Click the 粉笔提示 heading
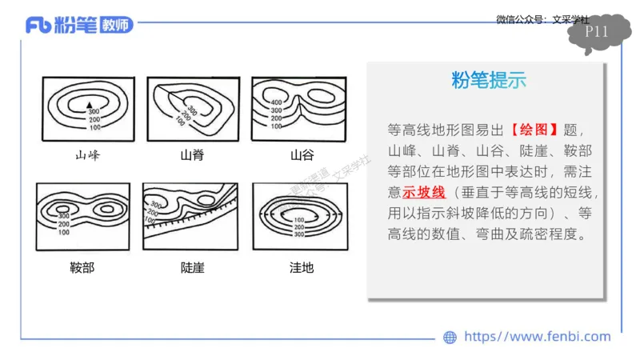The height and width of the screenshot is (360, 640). click(x=489, y=80)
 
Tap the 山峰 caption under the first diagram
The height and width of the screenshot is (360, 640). click(x=87, y=154)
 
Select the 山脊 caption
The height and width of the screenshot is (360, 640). click(x=192, y=154)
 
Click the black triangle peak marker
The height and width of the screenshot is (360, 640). click(x=90, y=105)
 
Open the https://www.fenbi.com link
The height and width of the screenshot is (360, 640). click(x=537, y=337)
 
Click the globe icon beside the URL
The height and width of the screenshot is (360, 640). click(x=450, y=337)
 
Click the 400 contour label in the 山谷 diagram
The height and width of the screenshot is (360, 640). click(x=276, y=103)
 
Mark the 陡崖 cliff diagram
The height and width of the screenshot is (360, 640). click(x=191, y=216)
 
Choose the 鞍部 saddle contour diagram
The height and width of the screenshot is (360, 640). click(x=83, y=216)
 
